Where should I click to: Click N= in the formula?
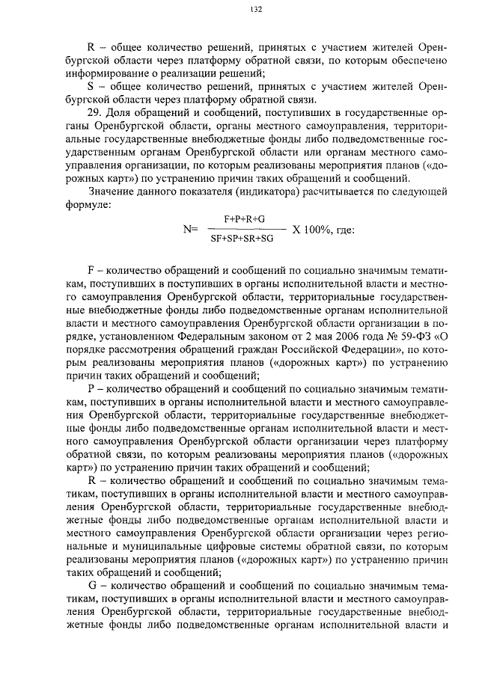189,230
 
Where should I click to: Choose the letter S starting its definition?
91,86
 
